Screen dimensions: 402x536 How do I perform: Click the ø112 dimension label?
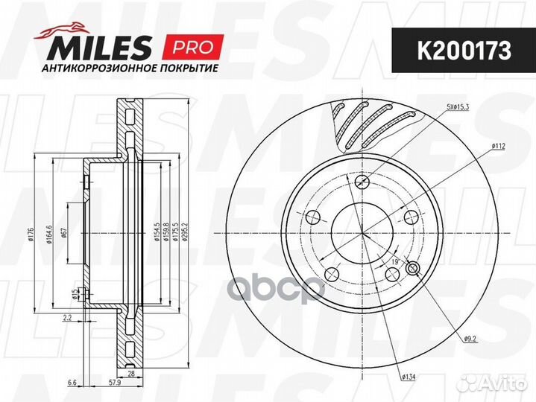(499, 147)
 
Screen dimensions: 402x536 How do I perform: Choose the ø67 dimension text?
(65, 234)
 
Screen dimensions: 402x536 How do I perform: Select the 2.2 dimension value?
(68, 318)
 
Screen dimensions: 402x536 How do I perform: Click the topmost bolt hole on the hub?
(363, 182)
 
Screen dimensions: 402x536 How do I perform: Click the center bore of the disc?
(363, 234)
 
